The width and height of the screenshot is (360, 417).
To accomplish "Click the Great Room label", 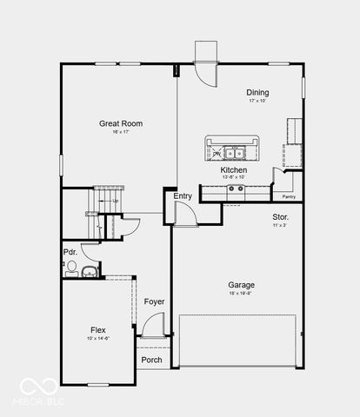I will (x=121, y=123).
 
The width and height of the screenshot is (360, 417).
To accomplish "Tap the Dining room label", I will (x=257, y=93).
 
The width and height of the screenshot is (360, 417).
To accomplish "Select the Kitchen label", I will (x=234, y=170).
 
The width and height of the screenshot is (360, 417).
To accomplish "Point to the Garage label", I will (x=241, y=285).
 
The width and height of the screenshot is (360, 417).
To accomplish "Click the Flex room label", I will (x=98, y=330).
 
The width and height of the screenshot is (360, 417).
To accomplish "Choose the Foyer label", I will (x=154, y=301).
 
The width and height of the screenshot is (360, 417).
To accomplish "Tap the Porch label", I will (x=151, y=360).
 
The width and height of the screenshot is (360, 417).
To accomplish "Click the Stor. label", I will (x=281, y=216).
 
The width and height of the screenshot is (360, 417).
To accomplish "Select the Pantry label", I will (x=289, y=197).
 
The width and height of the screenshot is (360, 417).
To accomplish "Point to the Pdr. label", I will (x=70, y=254).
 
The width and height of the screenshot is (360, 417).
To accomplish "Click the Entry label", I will (x=183, y=196).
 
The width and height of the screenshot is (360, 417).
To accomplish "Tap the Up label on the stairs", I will (x=115, y=202).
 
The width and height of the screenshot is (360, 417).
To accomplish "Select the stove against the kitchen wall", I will (x=236, y=189).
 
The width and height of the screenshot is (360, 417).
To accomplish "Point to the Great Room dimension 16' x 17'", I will (x=121, y=133).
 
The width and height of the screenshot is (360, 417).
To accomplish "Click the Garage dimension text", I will (x=241, y=294).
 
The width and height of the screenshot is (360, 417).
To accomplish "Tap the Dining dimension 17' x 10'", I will (x=257, y=102).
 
